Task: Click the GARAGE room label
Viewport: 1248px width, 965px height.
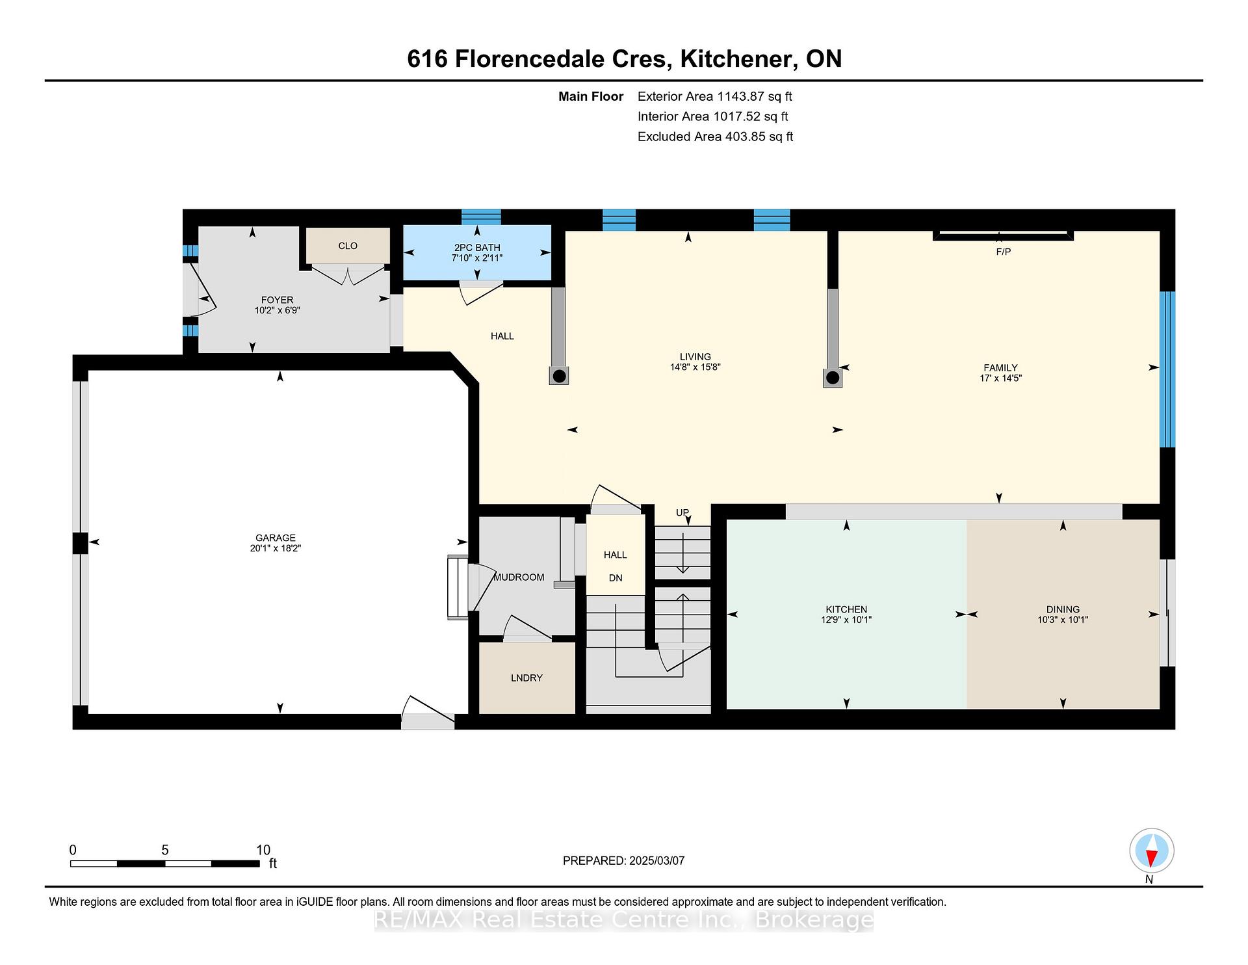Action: [x=276, y=538]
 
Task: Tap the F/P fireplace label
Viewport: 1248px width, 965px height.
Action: [x=1004, y=252]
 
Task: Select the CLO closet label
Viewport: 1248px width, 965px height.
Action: [x=348, y=246]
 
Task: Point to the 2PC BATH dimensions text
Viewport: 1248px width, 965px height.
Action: [x=477, y=258]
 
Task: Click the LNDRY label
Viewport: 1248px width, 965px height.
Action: [x=526, y=678]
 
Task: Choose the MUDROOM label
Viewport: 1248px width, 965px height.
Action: [x=519, y=577]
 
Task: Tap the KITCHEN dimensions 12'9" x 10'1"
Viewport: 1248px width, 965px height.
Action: [x=846, y=620]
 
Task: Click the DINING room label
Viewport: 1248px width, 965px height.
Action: [x=1063, y=609]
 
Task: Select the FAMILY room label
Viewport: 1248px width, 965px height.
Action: [x=1000, y=367]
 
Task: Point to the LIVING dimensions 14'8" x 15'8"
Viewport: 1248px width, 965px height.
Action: [x=695, y=367]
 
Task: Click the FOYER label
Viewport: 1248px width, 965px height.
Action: [x=277, y=300]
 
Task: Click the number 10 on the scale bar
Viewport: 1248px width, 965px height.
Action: [x=263, y=850]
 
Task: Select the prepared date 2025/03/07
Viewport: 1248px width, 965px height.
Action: [x=657, y=861]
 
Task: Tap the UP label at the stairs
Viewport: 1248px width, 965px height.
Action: [x=682, y=512]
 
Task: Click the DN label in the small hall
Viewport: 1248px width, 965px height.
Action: [x=615, y=578]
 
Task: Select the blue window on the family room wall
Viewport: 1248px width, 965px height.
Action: [x=1168, y=369]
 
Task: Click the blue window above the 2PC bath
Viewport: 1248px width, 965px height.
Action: [x=481, y=217]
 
